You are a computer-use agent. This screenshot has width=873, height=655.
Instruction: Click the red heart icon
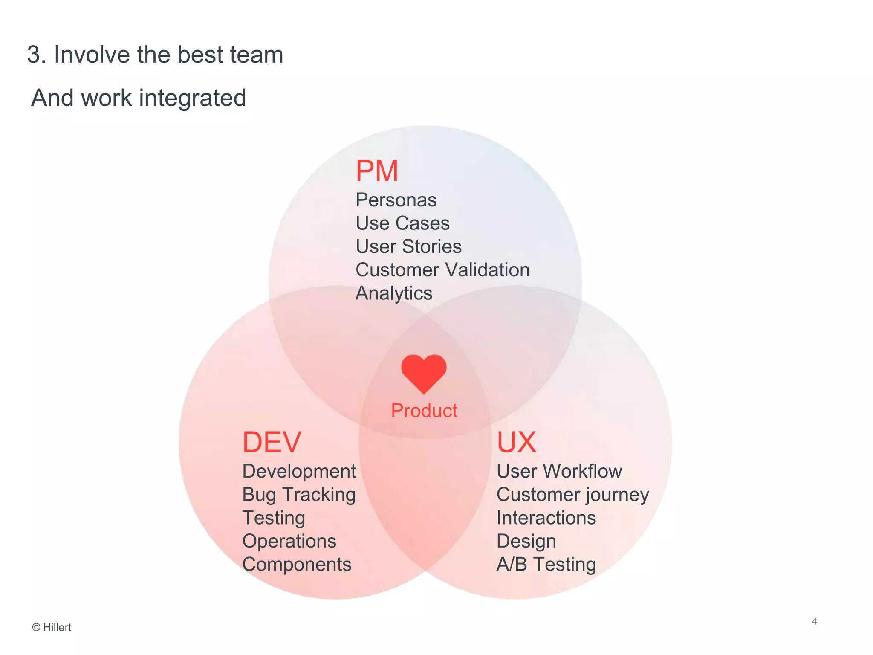pyautogui.click(x=424, y=373)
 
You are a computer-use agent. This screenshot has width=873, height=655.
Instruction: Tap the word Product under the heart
pyautogui.click(x=424, y=411)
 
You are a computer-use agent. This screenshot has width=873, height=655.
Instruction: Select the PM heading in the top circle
pyautogui.click(x=377, y=171)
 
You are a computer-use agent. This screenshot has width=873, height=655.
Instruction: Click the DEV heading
pyautogui.click(x=272, y=442)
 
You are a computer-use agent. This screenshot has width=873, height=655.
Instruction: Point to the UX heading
pyautogui.click(x=516, y=442)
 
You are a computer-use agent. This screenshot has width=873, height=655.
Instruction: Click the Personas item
pyautogui.click(x=396, y=200)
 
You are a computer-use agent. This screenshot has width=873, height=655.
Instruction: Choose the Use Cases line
pyautogui.click(x=402, y=223)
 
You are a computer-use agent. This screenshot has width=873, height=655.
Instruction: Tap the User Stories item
pyautogui.click(x=408, y=246)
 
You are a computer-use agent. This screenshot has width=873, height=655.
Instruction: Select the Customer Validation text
pyautogui.click(x=442, y=270)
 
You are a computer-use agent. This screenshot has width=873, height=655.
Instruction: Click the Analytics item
pyautogui.click(x=394, y=293)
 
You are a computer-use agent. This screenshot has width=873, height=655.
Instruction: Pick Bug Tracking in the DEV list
pyautogui.click(x=299, y=495)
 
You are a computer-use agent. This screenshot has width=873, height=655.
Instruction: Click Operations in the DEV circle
pyautogui.click(x=289, y=541)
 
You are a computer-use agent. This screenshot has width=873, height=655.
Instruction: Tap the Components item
pyautogui.click(x=297, y=565)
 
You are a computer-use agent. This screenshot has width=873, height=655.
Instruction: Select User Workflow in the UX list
pyautogui.click(x=559, y=471)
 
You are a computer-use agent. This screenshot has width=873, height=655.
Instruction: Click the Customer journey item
pyautogui.click(x=572, y=495)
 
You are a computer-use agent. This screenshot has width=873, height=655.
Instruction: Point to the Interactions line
pyautogui.click(x=546, y=518)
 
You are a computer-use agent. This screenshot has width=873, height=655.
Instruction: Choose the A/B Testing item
pyautogui.click(x=546, y=565)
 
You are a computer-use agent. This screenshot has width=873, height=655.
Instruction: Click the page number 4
pyautogui.click(x=814, y=621)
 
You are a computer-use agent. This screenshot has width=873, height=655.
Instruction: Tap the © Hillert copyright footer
pyautogui.click(x=52, y=627)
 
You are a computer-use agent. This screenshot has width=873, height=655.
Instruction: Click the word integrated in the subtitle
pyautogui.click(x=193, y=98)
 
